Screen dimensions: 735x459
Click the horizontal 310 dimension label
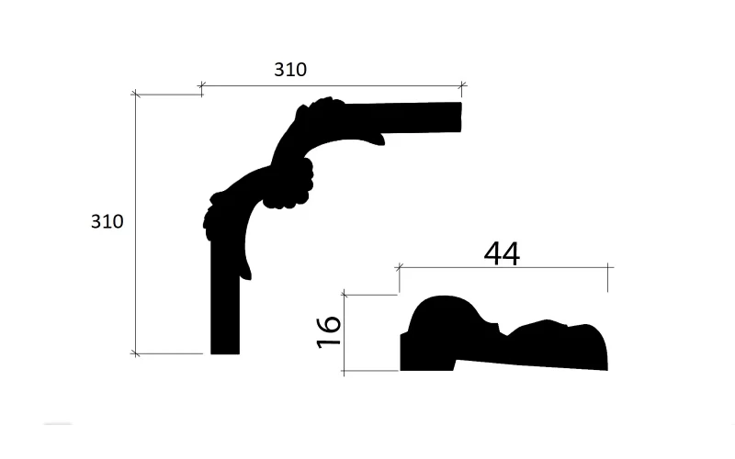click(x=290, y=70)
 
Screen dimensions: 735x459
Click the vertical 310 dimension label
click(x=107, y=221)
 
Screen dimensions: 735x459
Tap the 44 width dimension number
click(x=502, y=253)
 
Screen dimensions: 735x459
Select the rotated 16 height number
click(x=329, y=332)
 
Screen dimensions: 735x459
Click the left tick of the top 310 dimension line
click(x=201, y=85)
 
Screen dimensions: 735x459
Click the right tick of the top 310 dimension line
click(x=462, y=85)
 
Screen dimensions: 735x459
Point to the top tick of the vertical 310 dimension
click(x=135, y=95)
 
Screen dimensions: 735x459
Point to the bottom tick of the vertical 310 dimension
click(x=135, y=353)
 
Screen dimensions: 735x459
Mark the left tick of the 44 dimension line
click(x=399, y=267)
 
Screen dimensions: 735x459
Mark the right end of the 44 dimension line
click(x=608, y=267)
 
